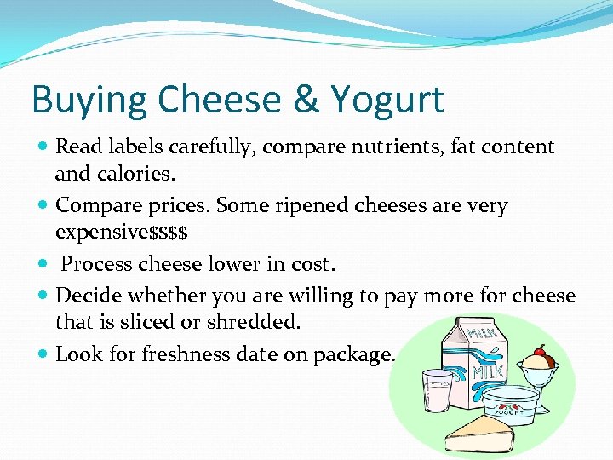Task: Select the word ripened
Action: [x=331, y=205]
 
